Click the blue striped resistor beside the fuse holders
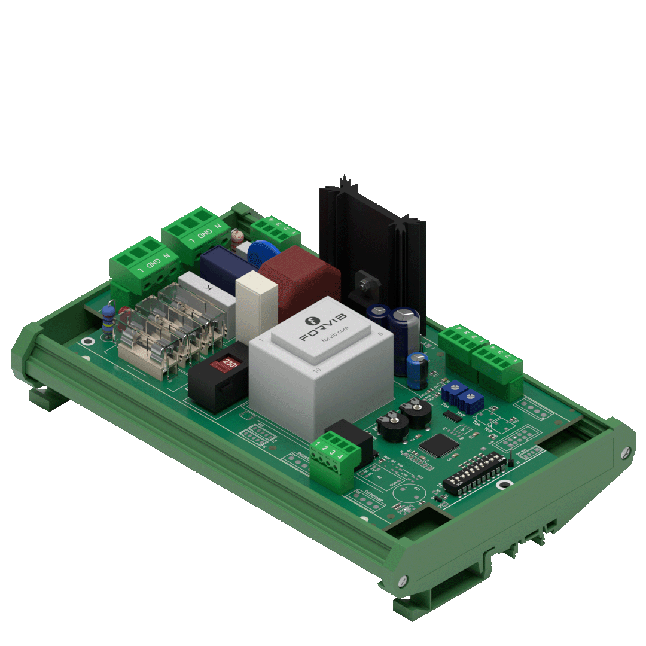pos(108,321)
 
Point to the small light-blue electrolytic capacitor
pos(418,370)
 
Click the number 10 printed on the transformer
pos(316,371)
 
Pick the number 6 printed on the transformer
pos(380,334)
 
